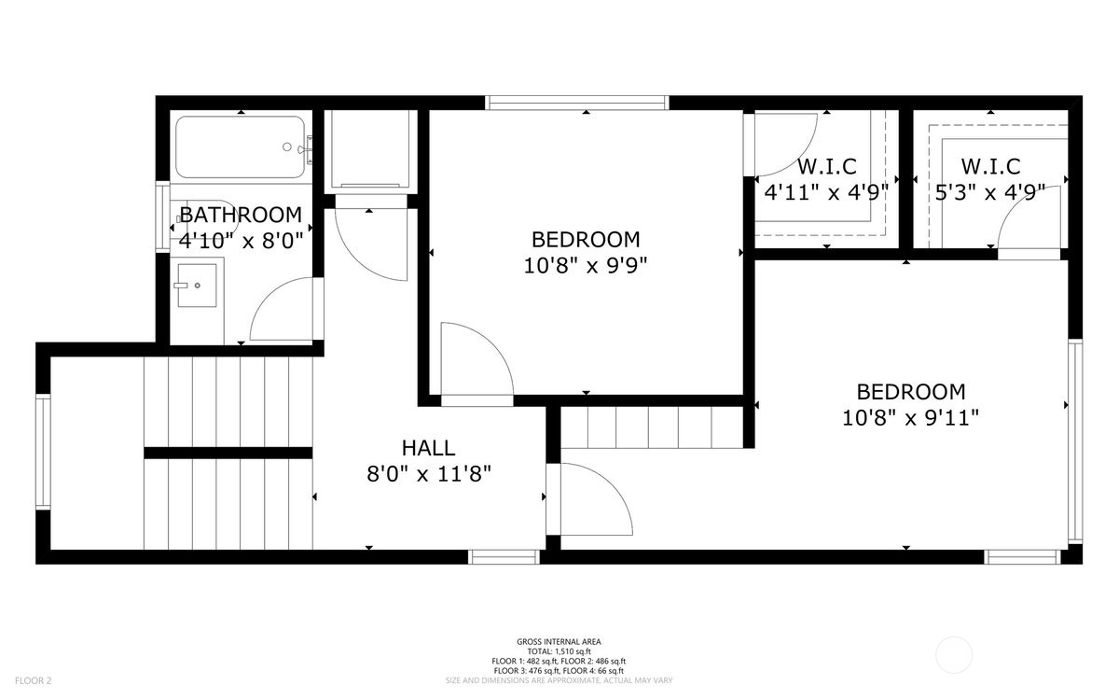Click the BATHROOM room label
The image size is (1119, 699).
tap(241, 215)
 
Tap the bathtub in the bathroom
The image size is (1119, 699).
tap(241, 147)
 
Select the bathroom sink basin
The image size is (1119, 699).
tap(198, 285)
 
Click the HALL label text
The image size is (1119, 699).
tap(428, 448)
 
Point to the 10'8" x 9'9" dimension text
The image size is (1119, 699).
tap(586, 265)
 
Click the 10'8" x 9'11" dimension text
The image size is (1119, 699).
tap(911, 417)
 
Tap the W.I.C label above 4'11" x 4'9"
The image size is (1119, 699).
tap(827, 166)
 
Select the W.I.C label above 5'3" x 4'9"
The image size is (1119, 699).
tap(990, 166)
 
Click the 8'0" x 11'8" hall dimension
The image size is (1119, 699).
tap(429, 473)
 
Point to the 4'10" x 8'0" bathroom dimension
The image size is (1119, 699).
tap(242, 242)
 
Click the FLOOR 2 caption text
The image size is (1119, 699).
tap(33, 680)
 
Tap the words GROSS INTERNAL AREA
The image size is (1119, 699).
tap(559, 641)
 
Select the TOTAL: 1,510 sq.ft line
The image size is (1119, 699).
tap(559, 651)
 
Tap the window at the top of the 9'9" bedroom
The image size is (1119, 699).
tap(577, 103)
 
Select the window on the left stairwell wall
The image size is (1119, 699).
tap(43, 452)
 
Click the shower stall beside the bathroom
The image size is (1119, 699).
tap(371, 151)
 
